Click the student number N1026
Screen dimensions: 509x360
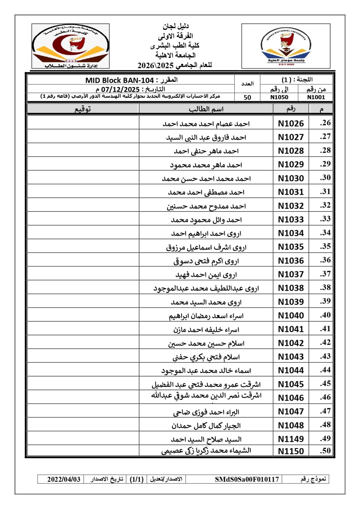291,124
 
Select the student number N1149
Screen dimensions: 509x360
291,439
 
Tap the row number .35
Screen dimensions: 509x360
325,246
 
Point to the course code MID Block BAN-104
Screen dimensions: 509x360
120,80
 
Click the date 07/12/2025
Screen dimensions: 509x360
120,89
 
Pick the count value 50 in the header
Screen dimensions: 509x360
247,97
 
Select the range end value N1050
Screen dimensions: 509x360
279,97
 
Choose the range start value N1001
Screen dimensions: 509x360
316,97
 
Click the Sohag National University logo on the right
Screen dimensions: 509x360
286,46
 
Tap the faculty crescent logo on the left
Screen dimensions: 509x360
71,46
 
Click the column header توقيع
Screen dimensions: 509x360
83,109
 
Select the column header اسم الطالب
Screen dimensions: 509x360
206,109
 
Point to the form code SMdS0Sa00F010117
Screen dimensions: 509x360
247,479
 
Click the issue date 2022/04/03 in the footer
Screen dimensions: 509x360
64,479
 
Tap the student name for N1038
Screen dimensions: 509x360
206,288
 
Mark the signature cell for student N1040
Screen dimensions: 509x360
83,315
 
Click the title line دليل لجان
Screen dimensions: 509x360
175,26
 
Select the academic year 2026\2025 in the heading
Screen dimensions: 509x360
155,65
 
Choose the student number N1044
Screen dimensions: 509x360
291,370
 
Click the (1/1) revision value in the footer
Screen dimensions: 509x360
137,479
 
